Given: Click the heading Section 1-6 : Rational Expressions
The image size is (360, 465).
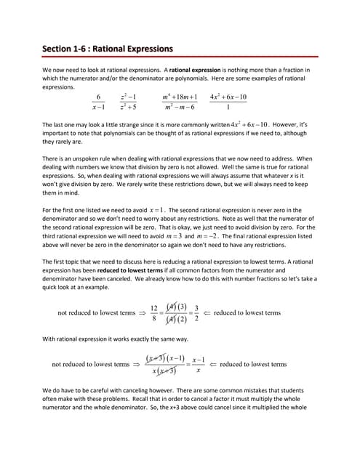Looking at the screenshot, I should click(x=108, y=49).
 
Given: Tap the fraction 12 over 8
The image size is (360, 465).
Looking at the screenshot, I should click(x=154, y=313).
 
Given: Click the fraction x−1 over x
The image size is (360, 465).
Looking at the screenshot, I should click(x=198, y=365).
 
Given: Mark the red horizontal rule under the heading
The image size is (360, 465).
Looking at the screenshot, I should click(x=180, y=57).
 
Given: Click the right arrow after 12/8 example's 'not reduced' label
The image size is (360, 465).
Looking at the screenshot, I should click(x=142, y=313).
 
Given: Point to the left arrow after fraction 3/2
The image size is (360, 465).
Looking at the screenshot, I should click(x=207, y=313).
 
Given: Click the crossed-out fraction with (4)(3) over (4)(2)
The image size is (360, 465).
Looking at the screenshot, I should click(x=176, y=313).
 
